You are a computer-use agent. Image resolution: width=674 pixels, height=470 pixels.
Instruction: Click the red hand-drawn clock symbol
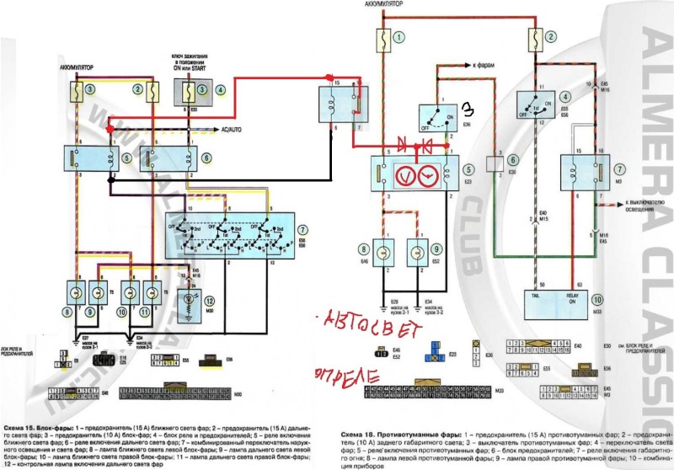(x=428, y=175)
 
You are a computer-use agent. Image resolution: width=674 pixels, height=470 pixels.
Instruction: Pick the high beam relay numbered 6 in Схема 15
(x=157, y=157)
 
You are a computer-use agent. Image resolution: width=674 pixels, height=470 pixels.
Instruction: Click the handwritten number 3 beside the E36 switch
(x=468, y=109)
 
